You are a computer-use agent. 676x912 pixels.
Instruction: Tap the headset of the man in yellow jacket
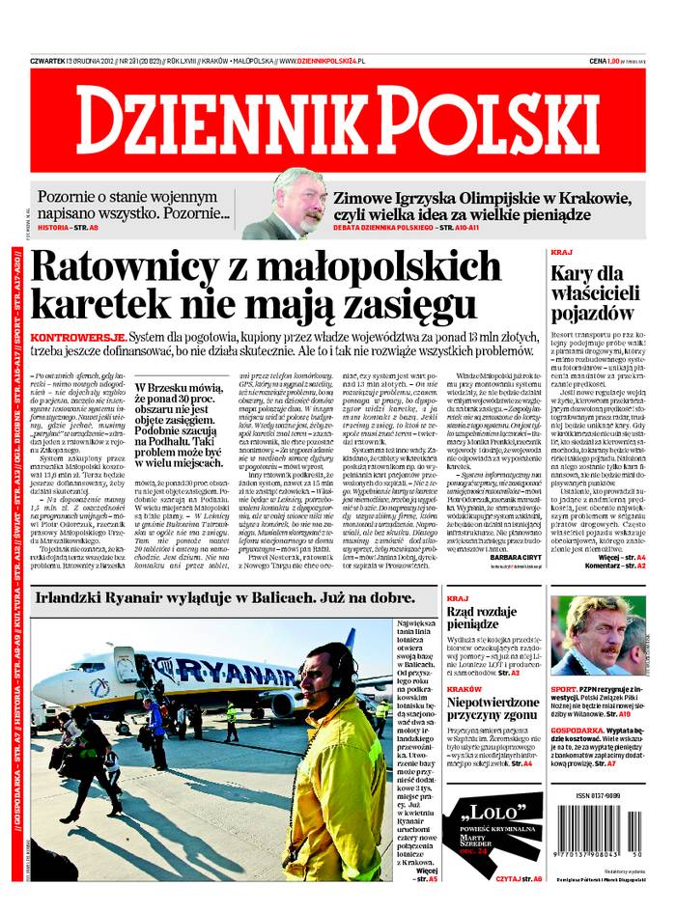tap(344, 679)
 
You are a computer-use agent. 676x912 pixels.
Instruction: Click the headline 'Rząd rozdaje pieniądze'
tap(487, 618)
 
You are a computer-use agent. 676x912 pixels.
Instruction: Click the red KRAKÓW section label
tap(465, 689)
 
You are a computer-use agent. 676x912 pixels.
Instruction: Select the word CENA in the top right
tap(597, 61)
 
